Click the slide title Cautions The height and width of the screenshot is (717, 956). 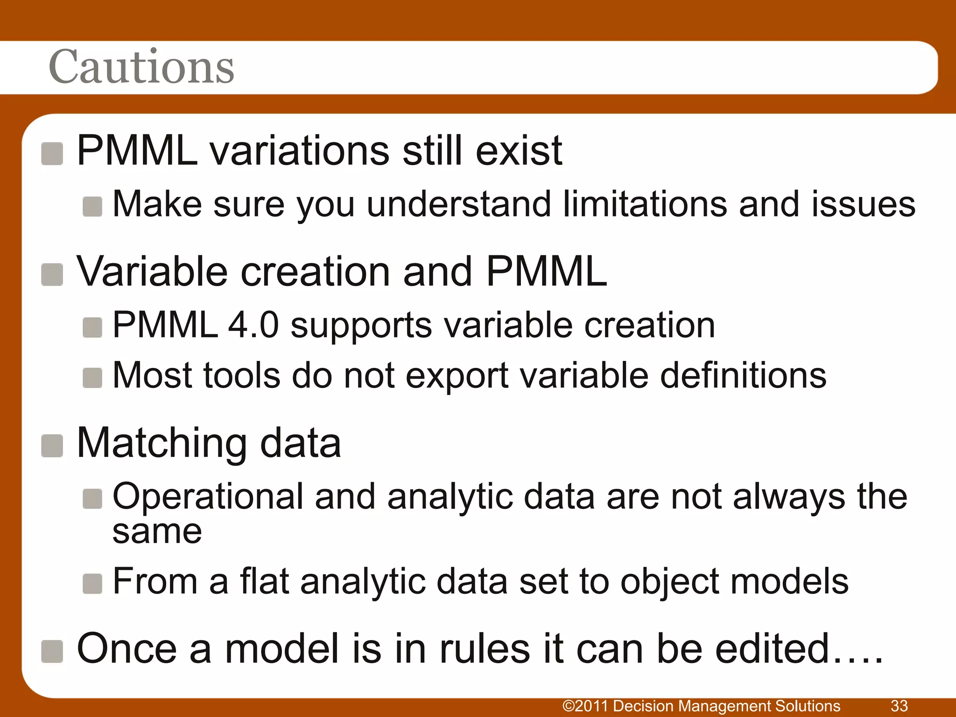141,67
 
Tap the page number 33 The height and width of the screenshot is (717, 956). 899,706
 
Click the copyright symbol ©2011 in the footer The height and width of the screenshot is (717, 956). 586,706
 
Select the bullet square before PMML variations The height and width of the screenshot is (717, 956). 52,154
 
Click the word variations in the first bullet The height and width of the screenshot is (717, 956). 299,150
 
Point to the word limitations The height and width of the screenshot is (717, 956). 645,204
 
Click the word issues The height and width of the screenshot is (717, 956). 863,204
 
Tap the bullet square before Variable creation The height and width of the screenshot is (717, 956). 52,274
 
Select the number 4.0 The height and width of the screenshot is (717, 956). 253,325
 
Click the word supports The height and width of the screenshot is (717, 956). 361,326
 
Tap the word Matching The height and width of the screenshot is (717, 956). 162,443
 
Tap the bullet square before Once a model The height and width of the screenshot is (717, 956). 52,651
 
